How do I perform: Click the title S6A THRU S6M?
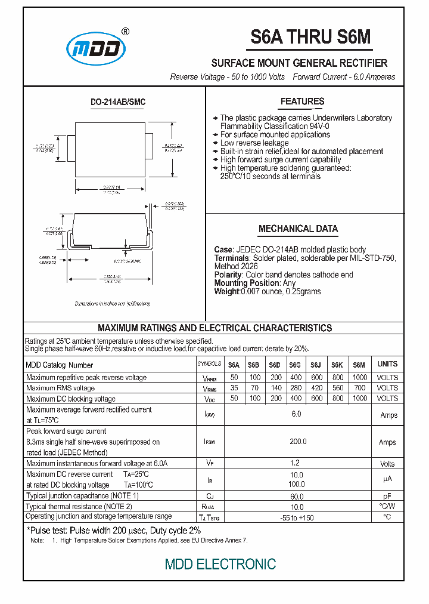point(310,37)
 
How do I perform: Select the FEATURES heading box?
point(302,101)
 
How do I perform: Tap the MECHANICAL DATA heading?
point(298,229)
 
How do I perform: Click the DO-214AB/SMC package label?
point(117,102)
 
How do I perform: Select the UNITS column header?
point(387,364)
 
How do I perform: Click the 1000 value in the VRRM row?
point(359,377)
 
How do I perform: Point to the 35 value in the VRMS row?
point(234,388)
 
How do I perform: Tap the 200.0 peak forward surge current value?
point(297,442)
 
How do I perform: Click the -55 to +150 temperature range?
point(297,517)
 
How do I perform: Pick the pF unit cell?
point(387,496)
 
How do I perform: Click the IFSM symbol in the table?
point(209,442)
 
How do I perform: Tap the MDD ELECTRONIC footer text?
point(220,564)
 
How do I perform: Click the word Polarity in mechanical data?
point(228,275)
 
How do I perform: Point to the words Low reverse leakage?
point(254,143)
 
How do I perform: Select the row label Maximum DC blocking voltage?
point(71,399)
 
